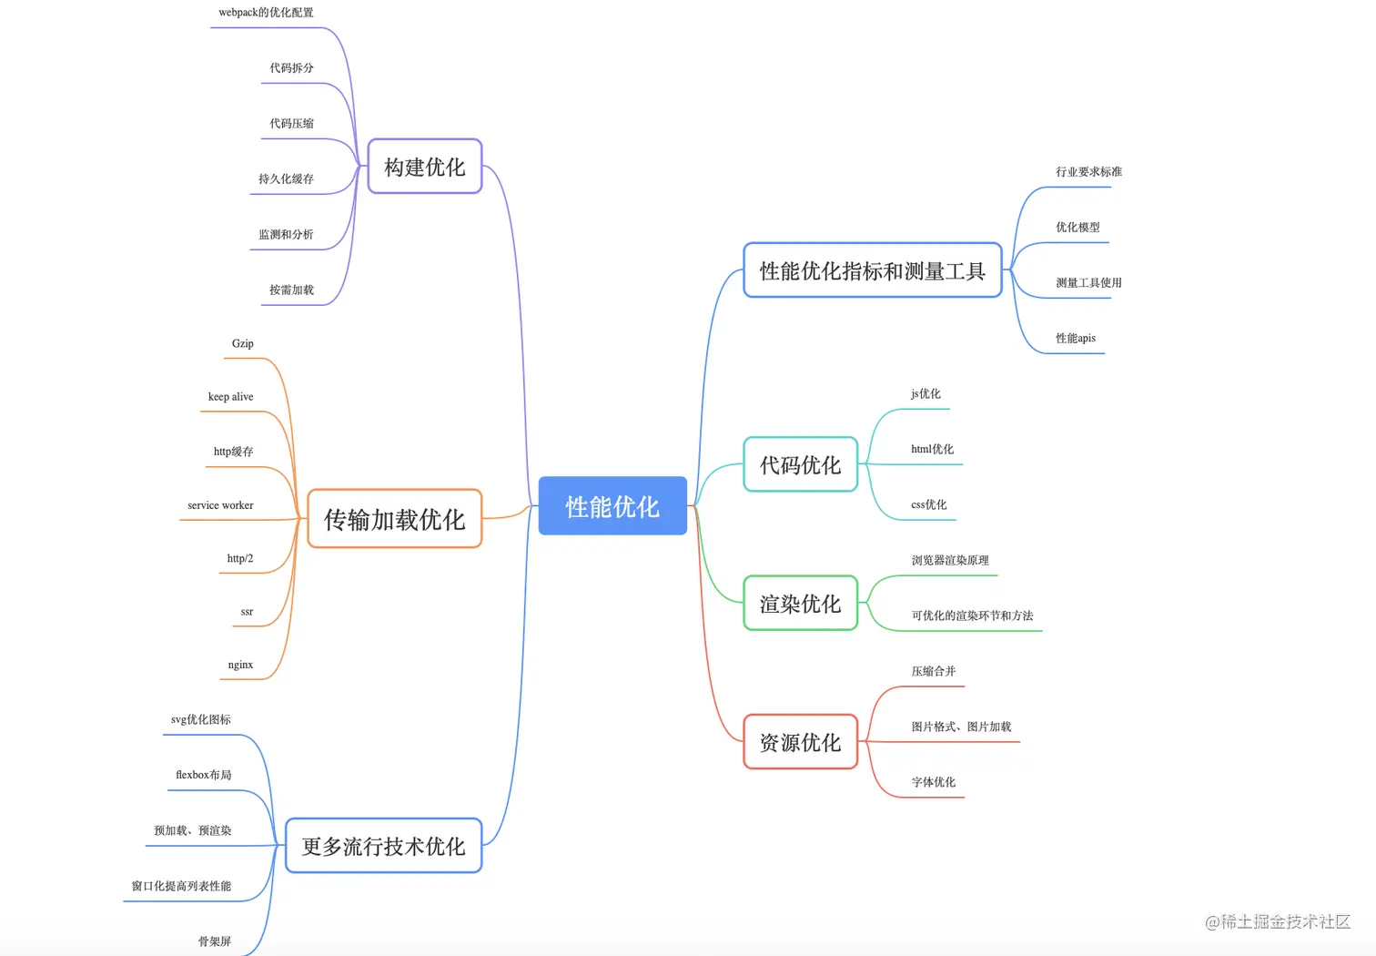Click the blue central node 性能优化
pos(612,506)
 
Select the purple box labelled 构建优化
pos(424,167)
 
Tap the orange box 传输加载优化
pos(394,519)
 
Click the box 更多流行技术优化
pos(383,846)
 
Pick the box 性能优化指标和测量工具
pos(872,270)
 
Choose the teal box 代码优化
pos(800,465)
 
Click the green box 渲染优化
pos(800,604)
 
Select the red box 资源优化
pos(800,742)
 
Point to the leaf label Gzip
pos(243,343)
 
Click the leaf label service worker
pos(220,505)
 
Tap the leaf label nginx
pos(240,665)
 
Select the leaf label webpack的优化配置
pos(266,13)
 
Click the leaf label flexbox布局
pos(204,775)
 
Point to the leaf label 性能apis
pos(1076,338)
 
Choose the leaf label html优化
pos(933,449)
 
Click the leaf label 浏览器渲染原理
pos(950,560)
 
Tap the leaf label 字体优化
pos(934,782)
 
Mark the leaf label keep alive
pos(230,397)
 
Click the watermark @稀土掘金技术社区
pos(1278,922)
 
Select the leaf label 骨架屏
pos(215,941)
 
